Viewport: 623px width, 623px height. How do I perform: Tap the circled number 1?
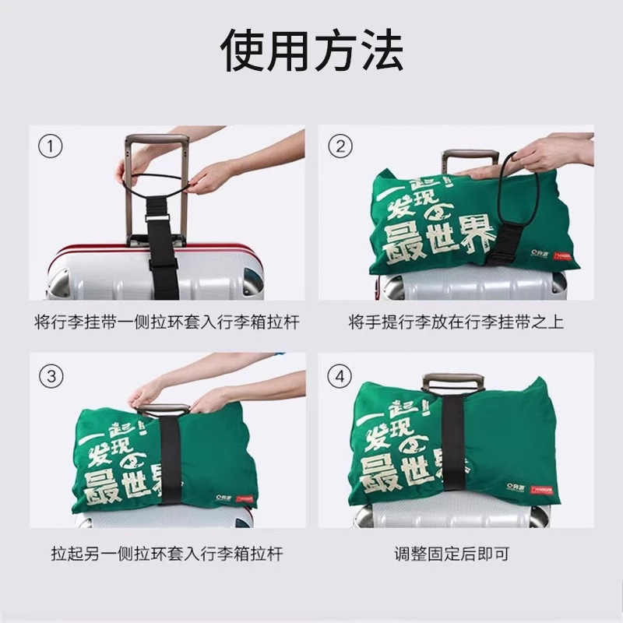point(51,146)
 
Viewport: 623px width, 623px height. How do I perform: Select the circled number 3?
point(51,376)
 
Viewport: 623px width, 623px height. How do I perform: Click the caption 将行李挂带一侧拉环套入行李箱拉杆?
point(167,322)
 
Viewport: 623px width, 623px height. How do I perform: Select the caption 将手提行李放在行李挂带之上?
point(456,322)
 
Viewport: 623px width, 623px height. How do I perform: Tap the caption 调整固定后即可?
point(452,554)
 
